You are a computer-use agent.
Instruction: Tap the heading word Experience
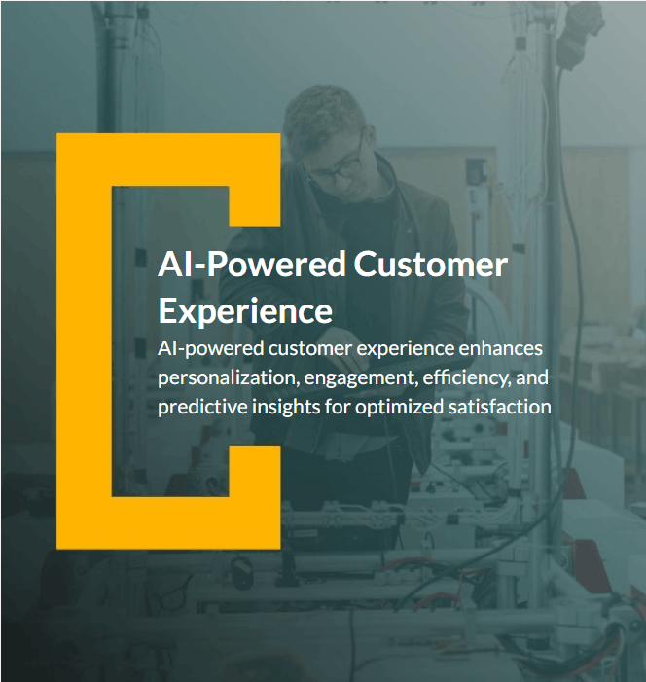(245, 312)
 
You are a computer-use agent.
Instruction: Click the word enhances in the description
(498, 347)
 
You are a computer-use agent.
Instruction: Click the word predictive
(197, 407)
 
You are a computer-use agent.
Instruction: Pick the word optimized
(399, 407)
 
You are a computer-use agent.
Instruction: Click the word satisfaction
(501, 407)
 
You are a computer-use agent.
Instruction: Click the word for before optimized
(338, 407)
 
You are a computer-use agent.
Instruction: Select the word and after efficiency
(533, 377)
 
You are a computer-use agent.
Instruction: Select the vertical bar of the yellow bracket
(84, 341)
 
